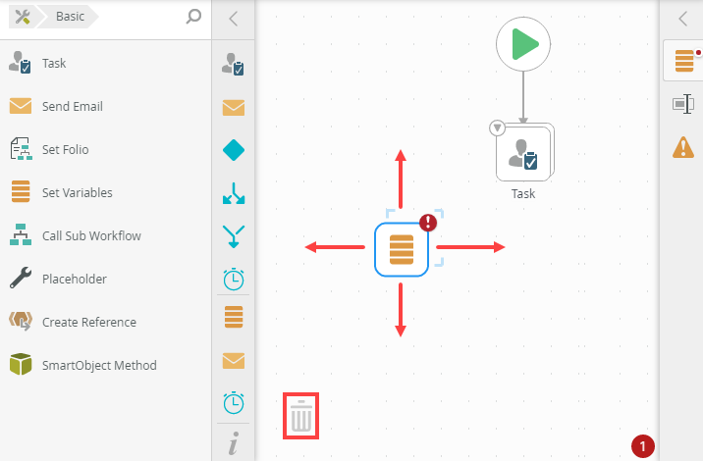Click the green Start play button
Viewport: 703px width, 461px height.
523,45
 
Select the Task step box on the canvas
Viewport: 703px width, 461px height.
523,152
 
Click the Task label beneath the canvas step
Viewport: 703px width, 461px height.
523,194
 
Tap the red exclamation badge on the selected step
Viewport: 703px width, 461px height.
428,222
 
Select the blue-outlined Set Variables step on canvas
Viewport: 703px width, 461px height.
401,248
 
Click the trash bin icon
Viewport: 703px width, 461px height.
301,417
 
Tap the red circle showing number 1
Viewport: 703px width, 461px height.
643,446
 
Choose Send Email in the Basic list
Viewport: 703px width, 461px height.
72,106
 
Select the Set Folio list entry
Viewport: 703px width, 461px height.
65,149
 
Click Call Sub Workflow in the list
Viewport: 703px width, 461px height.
90,235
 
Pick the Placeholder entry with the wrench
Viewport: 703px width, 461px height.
74,279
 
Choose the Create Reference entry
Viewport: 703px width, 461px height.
88,322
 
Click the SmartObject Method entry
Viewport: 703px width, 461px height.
98,365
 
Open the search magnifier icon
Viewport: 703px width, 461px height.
193,17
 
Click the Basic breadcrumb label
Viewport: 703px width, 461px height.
70,17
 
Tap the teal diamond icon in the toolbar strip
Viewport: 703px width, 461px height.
234,150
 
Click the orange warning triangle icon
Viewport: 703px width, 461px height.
682,147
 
